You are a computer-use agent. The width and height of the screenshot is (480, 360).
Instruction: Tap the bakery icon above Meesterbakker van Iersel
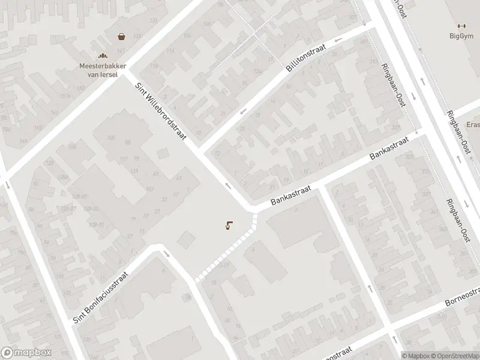pyautogui.click(x=102, y=55)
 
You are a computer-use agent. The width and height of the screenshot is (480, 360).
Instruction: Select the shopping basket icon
pyautogui.click(x=122, y=36)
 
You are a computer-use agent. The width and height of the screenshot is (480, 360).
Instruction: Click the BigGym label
pyautogui.click(x=461, y=35)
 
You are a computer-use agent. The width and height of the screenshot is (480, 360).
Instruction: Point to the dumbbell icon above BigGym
pyautogui.click(x=461, y=25)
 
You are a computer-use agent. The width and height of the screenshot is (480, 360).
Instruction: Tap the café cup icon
pyautogui.click(x=228, y=226)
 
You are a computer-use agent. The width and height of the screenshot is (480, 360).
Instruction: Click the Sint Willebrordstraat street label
pyautogui.click(x=161, y=112)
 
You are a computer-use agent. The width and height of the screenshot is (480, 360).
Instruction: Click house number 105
pyautogui.click(x=110, y=138)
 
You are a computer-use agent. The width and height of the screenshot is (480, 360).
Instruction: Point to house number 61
pyautogui.click(x=179, y=178)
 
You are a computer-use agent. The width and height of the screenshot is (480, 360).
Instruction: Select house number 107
pyautogui.click(x=150, y=190)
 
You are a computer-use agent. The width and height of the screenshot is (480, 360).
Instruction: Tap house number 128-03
pyautogui.click(x=91, y=208)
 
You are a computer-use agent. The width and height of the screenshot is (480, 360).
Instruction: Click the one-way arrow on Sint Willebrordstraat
pyautogui.click(x=229, y=185)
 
